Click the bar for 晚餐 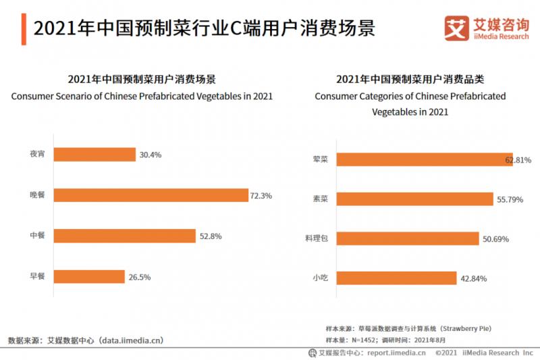tap(151, 195)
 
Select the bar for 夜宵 tap(94, 155)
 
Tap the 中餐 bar tap(124, 236)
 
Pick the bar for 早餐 tap(89, 276)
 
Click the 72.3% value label tap(261, 196)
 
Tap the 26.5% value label tap(138, 277)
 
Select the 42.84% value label tap(473, 278)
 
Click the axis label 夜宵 tap(37, 155)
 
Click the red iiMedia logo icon tap(456, 27)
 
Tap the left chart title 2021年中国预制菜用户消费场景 tap(142, 79)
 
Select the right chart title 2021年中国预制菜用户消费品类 tap(410, 79)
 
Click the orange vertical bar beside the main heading tap(24, 29)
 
